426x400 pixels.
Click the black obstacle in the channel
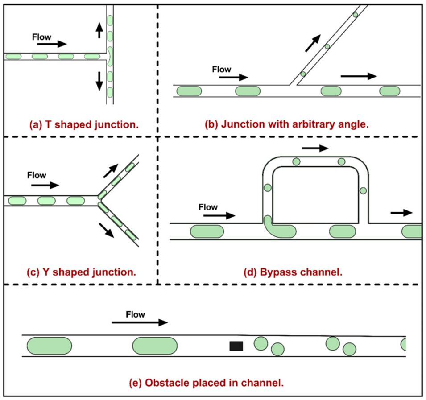(x=236, y=346)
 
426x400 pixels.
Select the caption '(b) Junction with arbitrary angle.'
(x=287, y=124)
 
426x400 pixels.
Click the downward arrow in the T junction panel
(x=99, y=80)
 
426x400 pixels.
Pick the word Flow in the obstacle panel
(x=135, y=314)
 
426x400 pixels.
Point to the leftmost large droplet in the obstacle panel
(x=49, y=346)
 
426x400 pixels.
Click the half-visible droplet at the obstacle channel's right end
(x=403, y=345)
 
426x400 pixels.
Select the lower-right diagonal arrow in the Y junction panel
(x=107, y=230)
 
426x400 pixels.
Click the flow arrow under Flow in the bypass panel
(x=219, y=216)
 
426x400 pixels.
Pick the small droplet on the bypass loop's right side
(x=363, y=190)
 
